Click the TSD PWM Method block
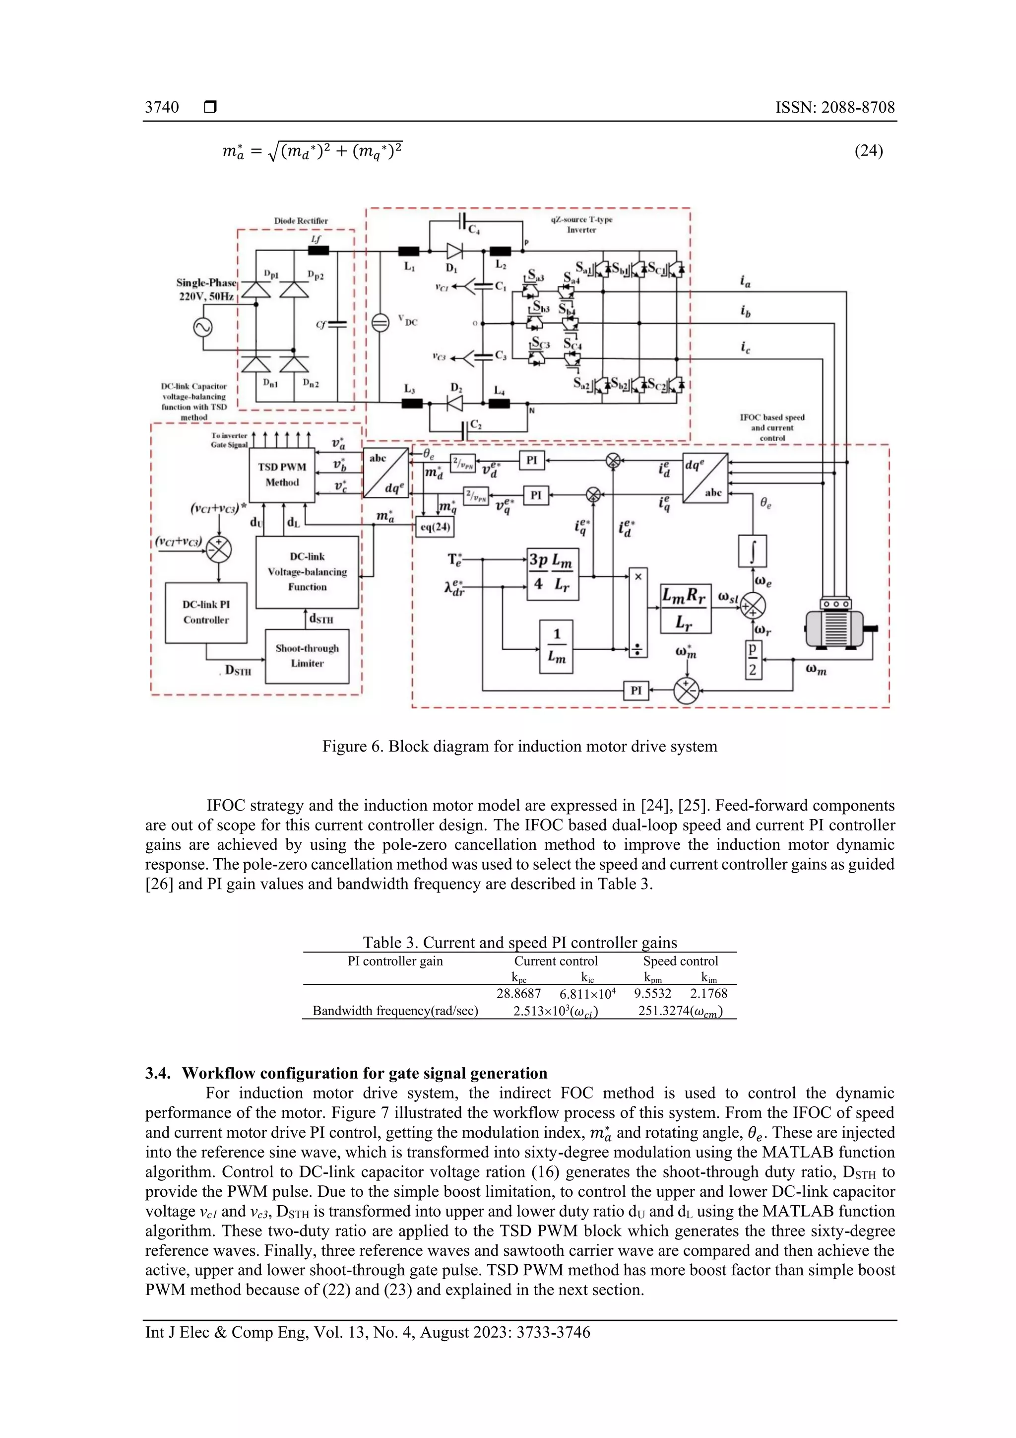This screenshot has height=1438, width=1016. pos(282,475)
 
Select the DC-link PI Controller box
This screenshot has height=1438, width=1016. pos(206,613)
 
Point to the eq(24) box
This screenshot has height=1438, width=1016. pos(435,527)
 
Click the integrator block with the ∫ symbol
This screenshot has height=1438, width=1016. pos(753,550)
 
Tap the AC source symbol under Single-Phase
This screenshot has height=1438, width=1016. pos(203,328)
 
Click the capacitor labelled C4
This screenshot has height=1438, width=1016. pos(463,221)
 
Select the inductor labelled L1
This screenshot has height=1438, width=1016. pos(409,251)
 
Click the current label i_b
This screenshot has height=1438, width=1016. pos(745,311)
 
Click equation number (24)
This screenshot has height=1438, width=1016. pos(868,150)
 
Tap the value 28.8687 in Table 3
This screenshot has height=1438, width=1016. pos(518,993)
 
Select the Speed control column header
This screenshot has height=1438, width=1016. pos(681,961)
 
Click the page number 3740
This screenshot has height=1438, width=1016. pos(162,107)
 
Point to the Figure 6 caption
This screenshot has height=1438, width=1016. pos(519,746)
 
